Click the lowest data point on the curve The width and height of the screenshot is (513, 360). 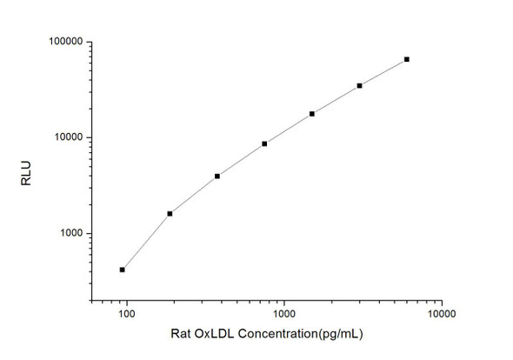coord(123,270)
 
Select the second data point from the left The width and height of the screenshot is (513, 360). coord(170,213)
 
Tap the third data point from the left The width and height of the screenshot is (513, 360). coord(217,176)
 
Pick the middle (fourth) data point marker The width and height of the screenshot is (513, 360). coord(264,143)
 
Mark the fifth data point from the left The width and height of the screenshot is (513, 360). coord(312,114)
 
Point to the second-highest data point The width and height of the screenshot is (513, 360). coord(359,85)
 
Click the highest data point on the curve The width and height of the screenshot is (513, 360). coord(407,59)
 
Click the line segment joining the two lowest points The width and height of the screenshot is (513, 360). coord(146,242)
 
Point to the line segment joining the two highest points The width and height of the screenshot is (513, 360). coord(383,72)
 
